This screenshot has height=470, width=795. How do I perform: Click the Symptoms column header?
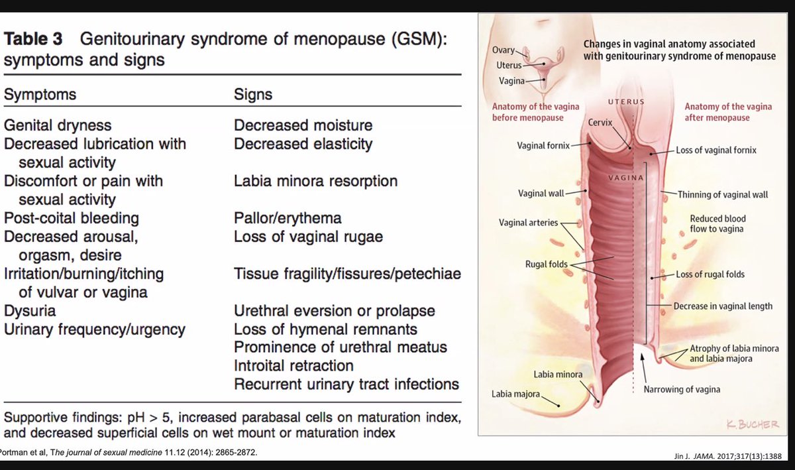click(40, 95)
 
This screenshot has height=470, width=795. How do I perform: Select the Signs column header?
click(253, 95)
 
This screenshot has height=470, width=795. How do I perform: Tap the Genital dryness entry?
click(58, 125)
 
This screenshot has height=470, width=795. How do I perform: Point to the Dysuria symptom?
click(30, 311)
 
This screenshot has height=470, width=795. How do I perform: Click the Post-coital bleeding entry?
click(72, 218)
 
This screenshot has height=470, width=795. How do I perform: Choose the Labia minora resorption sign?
click(315, 181)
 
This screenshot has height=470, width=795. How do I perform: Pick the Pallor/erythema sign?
click(288, 218)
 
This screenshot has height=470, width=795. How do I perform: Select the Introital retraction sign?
click(293, 365)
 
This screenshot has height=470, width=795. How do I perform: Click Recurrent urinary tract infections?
click(346, 384)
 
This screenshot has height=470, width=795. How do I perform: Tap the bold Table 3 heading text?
click(38, 39)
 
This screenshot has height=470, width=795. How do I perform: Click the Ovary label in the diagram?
click(503, 51)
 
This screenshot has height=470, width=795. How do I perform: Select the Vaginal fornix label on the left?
click(543, 145)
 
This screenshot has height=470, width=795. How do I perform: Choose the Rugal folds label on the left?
click(547, 264)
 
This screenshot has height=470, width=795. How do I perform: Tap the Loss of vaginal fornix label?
click(716, 150)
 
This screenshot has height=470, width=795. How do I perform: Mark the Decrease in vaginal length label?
click(723, 306)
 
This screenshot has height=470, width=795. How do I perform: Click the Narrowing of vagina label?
click(682, 389)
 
